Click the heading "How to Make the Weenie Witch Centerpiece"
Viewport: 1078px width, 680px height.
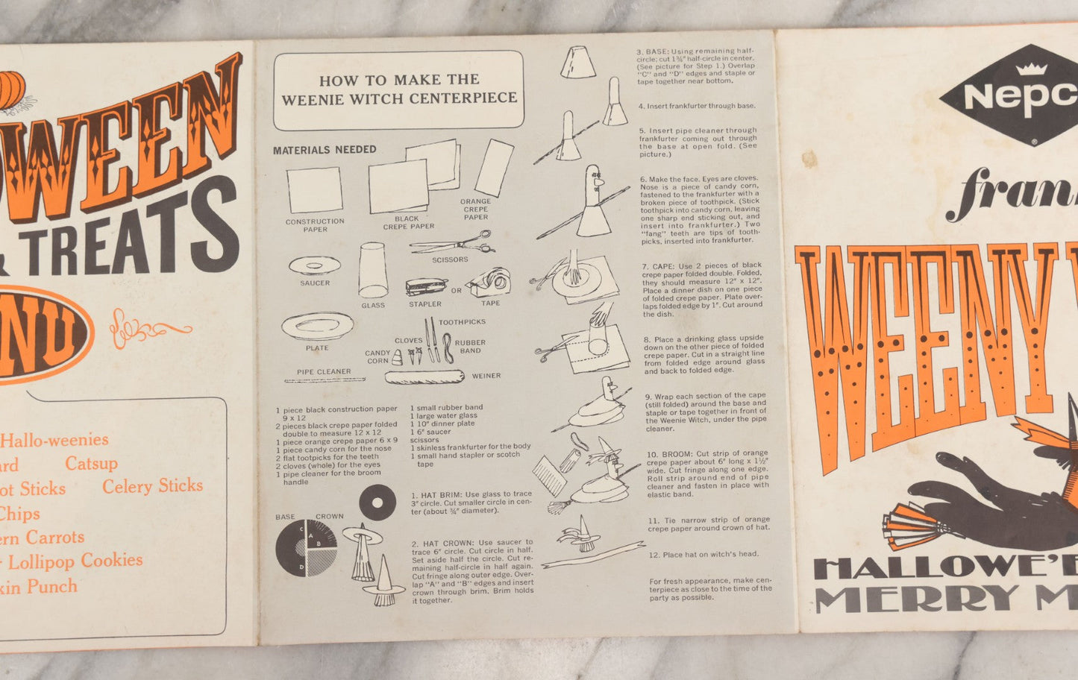[x=398, y=89]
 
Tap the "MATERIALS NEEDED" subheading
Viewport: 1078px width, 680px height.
[x=325, y=150]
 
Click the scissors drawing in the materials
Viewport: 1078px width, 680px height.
[x=452, y=243]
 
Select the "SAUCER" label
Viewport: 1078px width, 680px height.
[x=315, y=283]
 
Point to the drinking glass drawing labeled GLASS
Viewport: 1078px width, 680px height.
[x=372, y=270]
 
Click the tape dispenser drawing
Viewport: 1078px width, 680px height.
[x=488, y=284]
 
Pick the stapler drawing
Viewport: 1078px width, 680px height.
[x=426, y=287]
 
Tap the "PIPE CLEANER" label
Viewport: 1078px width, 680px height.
[x=324, y=371]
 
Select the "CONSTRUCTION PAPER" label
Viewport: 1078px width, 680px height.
[x=315, y=225]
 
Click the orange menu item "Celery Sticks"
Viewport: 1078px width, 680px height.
[x=152, y=486]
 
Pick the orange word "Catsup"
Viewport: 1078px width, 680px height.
[x=91, y=464]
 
